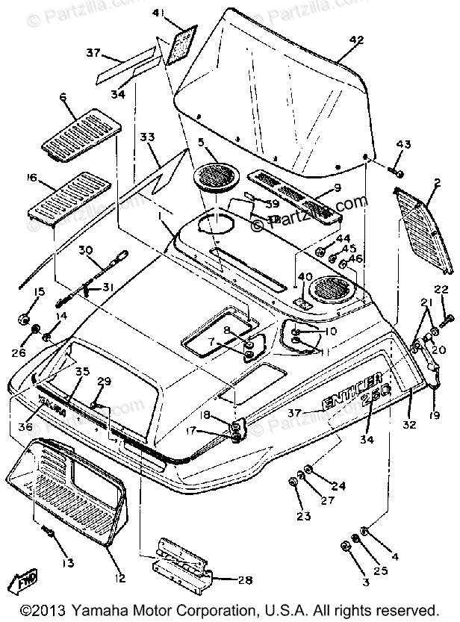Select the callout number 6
63,97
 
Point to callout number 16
32,178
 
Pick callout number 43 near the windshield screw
404,143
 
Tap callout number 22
441,289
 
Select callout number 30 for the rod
84,250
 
